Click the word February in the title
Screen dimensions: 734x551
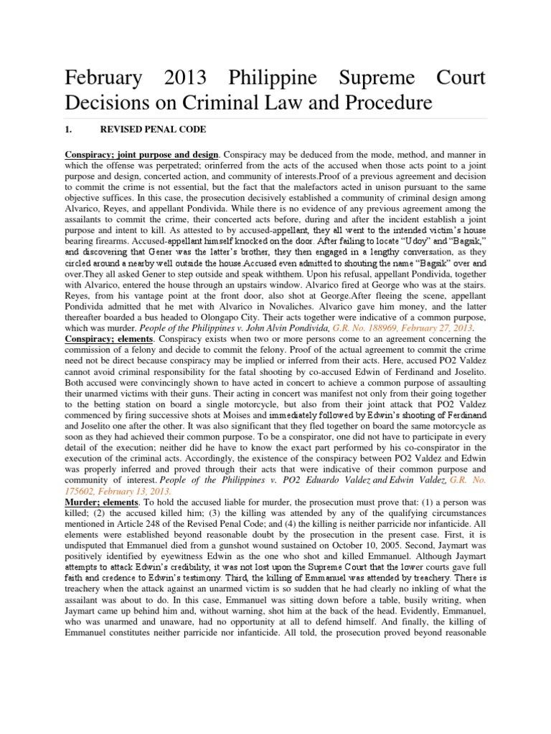tap(105, 77)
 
